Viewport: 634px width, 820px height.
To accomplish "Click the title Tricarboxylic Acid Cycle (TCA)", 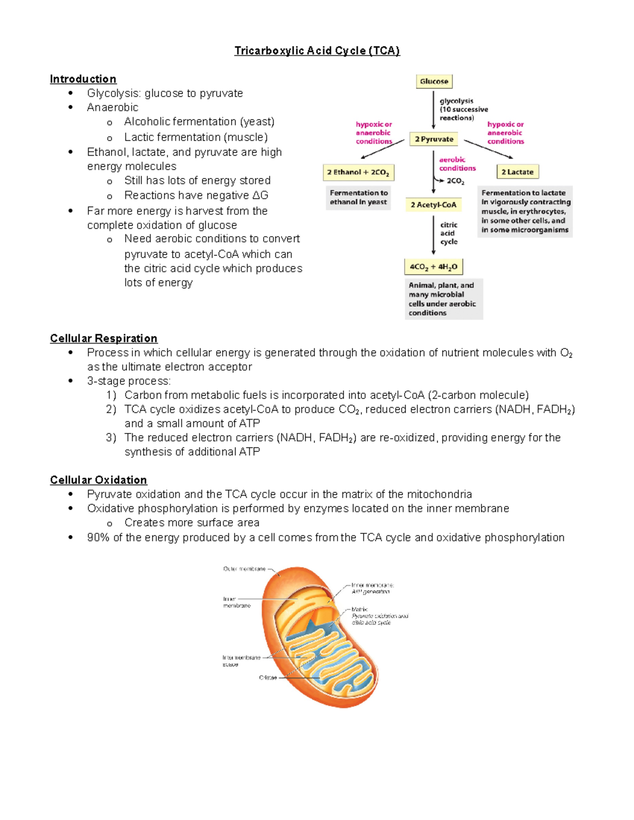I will pyautogui.click(x=317, y=51).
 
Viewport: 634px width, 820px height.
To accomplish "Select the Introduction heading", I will pyautogui.click(x=83, y=79).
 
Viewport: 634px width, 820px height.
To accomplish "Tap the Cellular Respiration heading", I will pyautogui.click(x=104, y=338).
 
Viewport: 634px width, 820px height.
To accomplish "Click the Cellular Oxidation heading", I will pyautogui.click(x=98, y=480).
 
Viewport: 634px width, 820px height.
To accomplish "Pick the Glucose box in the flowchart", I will pyautogui.click(x=434, y=81).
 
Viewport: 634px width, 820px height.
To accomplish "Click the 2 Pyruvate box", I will pyautogui.click(x=434, y=139).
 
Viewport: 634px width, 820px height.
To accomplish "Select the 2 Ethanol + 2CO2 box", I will pyautogui.click(x=358, y=172).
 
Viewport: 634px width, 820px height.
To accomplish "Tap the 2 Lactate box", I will pyautogui.click(x=517, y=172).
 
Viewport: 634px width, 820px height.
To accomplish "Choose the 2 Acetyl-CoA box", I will pyautogui.click(x=433, y=205).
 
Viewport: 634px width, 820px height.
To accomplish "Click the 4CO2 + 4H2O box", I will pyautogui.click(x=433, y=267).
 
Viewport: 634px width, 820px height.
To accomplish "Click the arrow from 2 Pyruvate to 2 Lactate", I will pyautogui.click(x=488, y=149).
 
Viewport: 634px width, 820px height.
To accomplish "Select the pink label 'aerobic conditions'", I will pyautogui.click(x=457, y=164).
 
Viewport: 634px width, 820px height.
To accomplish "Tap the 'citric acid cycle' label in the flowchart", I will pyautogui.click(x=449, y=233).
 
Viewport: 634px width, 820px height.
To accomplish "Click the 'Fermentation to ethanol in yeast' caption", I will pyautogui.click(x=359, y=197).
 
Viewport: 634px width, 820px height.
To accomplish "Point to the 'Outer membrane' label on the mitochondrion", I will pyautogui.click(x=244, y=569).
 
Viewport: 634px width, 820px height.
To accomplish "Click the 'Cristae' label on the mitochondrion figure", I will pyautogui.click(x=268, y=677).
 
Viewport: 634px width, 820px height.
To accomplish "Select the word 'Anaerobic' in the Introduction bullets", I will pyautogui.click(x=113, y=108).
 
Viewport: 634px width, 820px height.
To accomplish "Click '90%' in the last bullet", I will pyautogui.click(x=98, y=538).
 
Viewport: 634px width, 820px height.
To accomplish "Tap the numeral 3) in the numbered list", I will pyautogui.click(x=111, y=438).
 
